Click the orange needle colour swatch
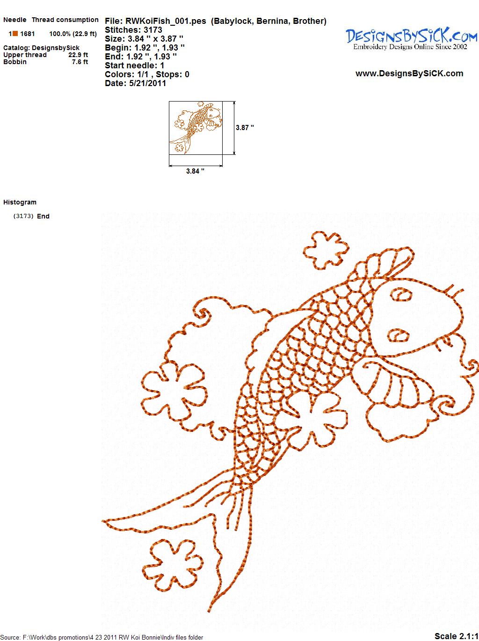pyautogui.click(x=15, y=34)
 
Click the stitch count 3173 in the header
pyautogui.click(x=152, y=30)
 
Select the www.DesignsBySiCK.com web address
pyautogui.click(x=409, y=73)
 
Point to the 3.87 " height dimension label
pyautogui.click(x=245, y=128)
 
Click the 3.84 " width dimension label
pyautogui.click(x=195, y=171)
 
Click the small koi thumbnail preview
pyautogui.click(x=196, y=128)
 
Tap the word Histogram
pyautogui.click(x=20, y=202)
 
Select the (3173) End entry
pyautogui.click(x=31, y=216)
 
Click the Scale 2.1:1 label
pyautogui.click(x=456, y=636)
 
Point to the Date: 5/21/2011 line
pyautogui.click(x=136, y=83)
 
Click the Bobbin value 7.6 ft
pyautogui.click(x=80, y=62)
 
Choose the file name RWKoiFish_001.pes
pyautogui.click(x=166, y=21)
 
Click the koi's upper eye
pyautogui.click(x=401, y=295)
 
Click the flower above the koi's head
pyautogui.click(x=326, y=250)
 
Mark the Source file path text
pyautogui.click(x=102, y=637)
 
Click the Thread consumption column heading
pyautogui.click(x=65, y=20)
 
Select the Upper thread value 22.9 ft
pyautogui.click(x=78, y=55)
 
